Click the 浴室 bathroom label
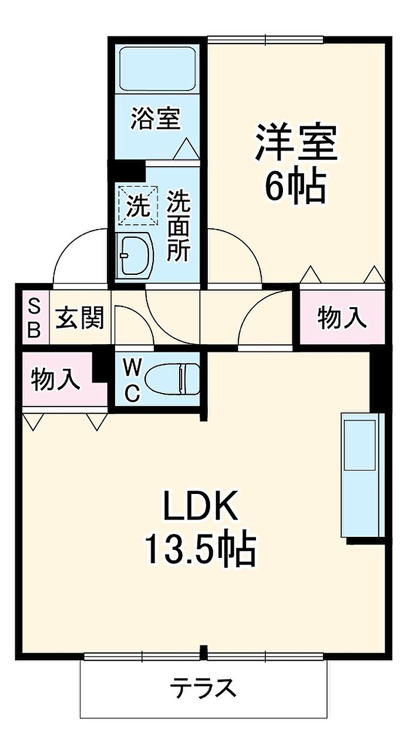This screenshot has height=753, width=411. [x=156, y=118]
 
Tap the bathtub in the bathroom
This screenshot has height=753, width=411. [x=158, y=69]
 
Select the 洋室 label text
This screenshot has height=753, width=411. [x=297, y=142]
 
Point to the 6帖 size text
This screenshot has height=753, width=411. [x=295, y=187]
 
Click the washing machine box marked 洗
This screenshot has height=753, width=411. [x=138, y=205]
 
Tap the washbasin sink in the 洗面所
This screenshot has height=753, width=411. [x=134, y=255]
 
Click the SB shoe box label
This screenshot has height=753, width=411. [x=34, y=318]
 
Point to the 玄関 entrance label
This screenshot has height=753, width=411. [x=79, y=318]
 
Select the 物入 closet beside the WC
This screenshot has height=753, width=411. [x=56, y=380]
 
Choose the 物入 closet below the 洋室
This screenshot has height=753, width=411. [x=342, y=318]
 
